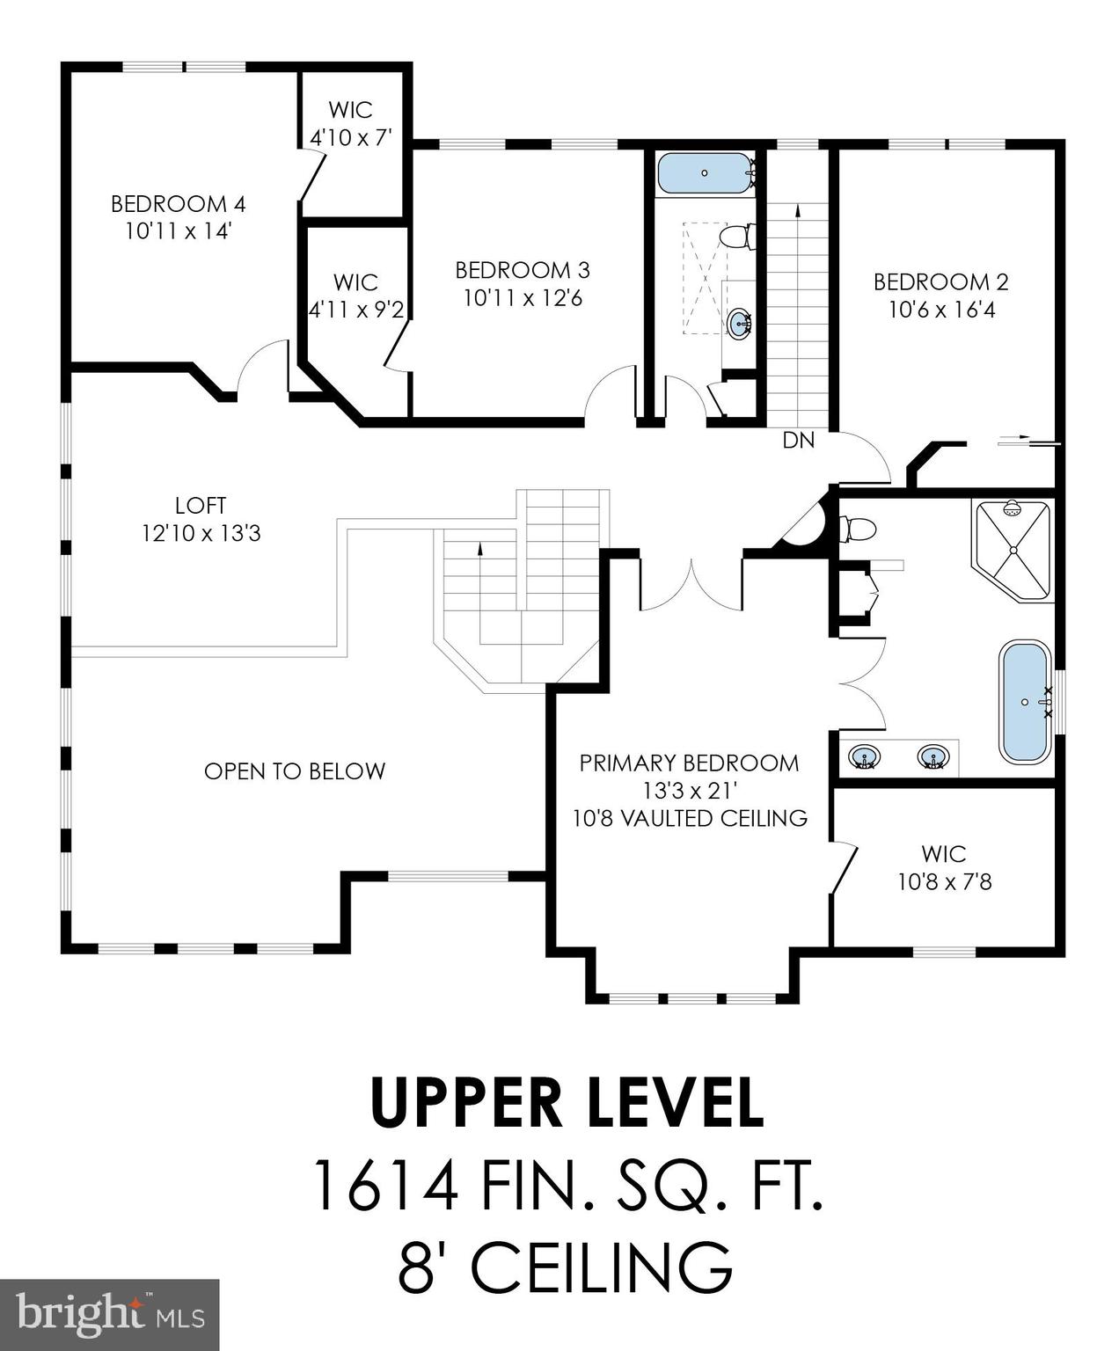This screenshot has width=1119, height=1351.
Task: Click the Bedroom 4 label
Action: tap(179, 204)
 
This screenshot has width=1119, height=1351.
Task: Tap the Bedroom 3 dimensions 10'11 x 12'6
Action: tap(523, 298)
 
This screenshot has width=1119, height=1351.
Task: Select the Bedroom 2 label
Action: tap(940, 281)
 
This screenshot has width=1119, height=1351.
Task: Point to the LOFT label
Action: tap(201, 506)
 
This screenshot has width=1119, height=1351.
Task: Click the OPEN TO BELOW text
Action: tap(295, 771)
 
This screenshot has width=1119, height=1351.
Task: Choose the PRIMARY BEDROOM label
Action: tap(689, 763)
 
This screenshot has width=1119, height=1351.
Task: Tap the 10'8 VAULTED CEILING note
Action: tap(690, 818)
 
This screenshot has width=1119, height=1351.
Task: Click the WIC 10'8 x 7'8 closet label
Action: tap(944, 867)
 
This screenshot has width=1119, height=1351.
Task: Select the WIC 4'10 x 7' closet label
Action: tap(350, 123)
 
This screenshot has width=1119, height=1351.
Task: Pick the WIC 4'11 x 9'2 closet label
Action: tap(355, 296)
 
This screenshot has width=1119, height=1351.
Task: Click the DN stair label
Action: tap(799, 441)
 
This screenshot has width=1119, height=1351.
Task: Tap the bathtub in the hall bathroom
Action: tap(705, 173)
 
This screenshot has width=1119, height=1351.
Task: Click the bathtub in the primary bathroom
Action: tap(1025, 701)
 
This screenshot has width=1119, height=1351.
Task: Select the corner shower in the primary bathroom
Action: tap(1013, 550)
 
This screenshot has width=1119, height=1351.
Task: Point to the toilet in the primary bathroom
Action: tap(858, 529)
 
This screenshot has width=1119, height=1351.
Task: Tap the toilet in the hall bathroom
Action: tap(734, 237)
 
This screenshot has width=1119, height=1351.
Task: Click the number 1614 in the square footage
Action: tap(384, 1186)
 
